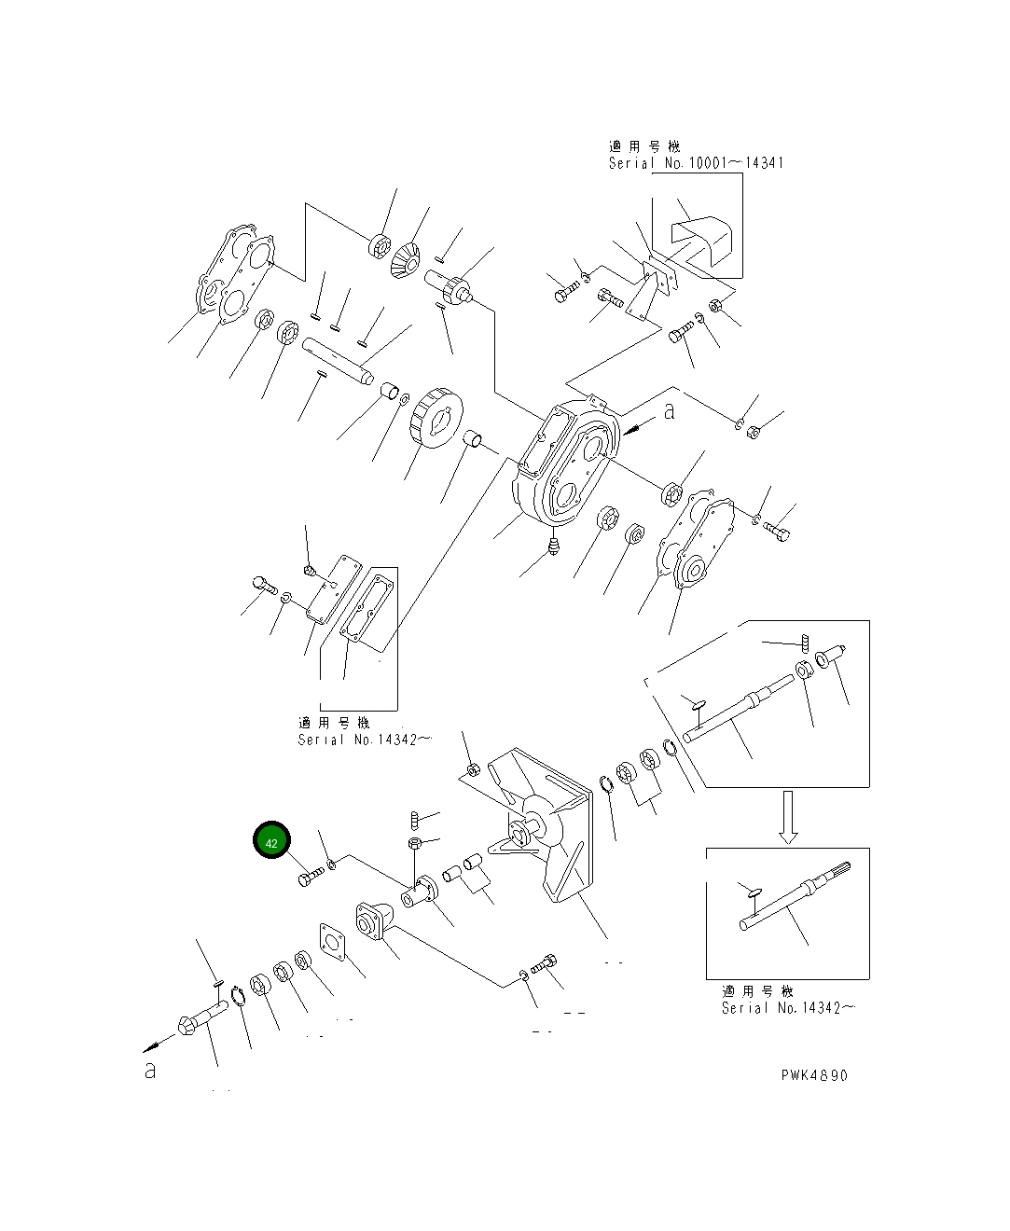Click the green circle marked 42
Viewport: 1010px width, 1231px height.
point(271,842)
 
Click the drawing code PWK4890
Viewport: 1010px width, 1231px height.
point(814,1075)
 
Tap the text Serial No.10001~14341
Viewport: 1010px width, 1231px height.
point(696,163)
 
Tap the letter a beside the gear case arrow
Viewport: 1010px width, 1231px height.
point(669,411)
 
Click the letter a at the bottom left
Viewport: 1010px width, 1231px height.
point(149,1071)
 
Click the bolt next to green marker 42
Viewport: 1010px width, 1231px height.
point(311,877)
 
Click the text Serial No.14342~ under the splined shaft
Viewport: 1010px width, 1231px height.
point(788,1008)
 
